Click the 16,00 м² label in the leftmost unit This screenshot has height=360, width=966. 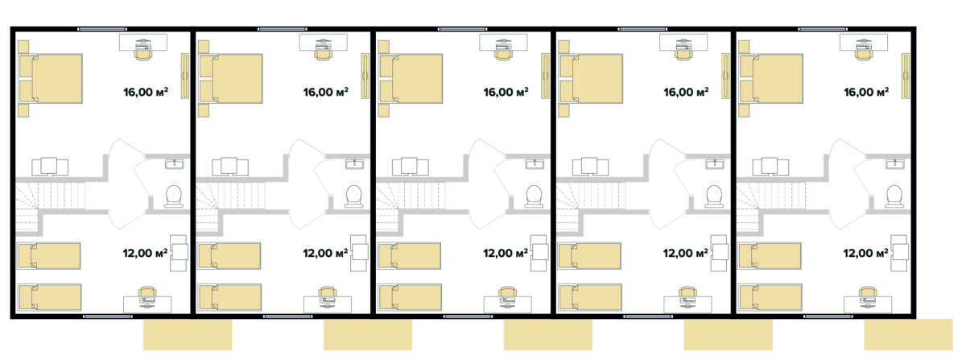point(146,92)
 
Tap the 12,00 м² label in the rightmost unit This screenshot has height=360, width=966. point(866,253)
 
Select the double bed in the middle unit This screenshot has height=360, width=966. point(411,79)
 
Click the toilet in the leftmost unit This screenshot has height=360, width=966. point(173,197)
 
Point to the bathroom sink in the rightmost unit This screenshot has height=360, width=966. point(895,164)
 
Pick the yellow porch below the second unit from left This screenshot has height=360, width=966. point(368,334)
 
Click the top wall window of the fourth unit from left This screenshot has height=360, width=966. point(642,29)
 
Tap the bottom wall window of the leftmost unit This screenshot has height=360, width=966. point(108,317)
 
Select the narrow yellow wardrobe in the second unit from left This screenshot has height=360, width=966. point(365,76)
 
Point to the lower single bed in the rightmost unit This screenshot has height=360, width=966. point(770,297)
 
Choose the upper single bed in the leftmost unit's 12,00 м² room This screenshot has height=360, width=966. point(49,256)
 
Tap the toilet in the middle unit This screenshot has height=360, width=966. point(534,197)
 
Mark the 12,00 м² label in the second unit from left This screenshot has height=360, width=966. point(325,253)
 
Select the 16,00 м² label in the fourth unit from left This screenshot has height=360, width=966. point(686,92)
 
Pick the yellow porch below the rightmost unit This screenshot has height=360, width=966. point(908,334)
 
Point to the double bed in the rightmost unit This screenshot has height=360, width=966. point(771,79)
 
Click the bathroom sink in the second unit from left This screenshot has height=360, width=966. point(355,164)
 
